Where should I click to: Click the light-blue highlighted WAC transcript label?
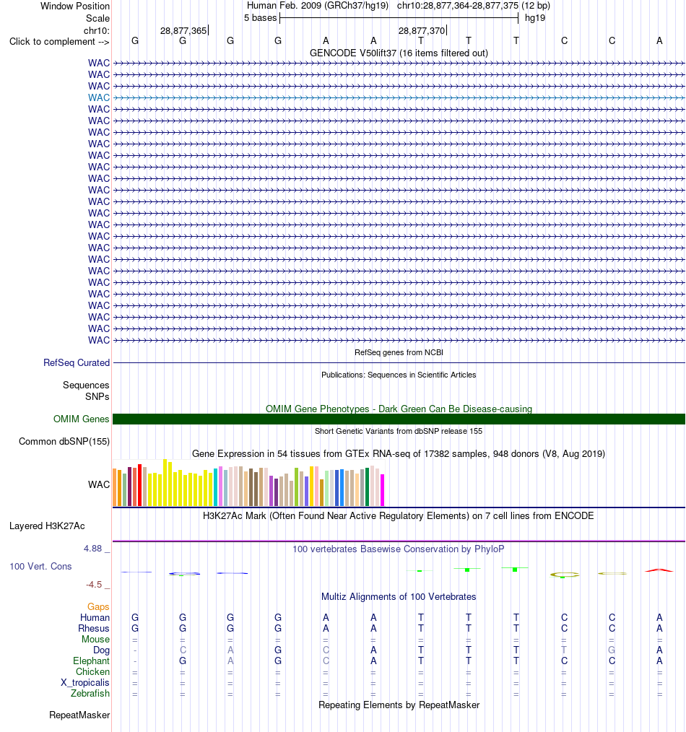[x=99, y=97]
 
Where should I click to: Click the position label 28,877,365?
[x=183, y=31]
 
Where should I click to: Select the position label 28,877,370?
[x=421, y=31]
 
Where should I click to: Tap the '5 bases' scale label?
[x=260, y=18]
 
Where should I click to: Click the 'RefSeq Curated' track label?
[x=77, y=362]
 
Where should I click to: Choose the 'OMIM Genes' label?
[x=82, y=419]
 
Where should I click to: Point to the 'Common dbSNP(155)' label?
[x=64, y=442]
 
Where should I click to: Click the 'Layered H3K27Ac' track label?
[x=47, y=526]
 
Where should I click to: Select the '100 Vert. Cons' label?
[x=40, y=566]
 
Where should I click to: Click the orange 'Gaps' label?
[x=98, y=607]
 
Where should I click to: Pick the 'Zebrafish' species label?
[x=90, y=694]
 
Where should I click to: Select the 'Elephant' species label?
[x=91, y=661]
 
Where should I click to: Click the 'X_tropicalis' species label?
[x=85, y=682]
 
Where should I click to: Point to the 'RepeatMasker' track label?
[x=79, y=715]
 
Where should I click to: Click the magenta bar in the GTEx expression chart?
[x=383, y=490]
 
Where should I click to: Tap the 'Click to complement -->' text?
[x=59, y=42]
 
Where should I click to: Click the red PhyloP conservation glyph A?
[x=659, y=570]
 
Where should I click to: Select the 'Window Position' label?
[x=75, y=6]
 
